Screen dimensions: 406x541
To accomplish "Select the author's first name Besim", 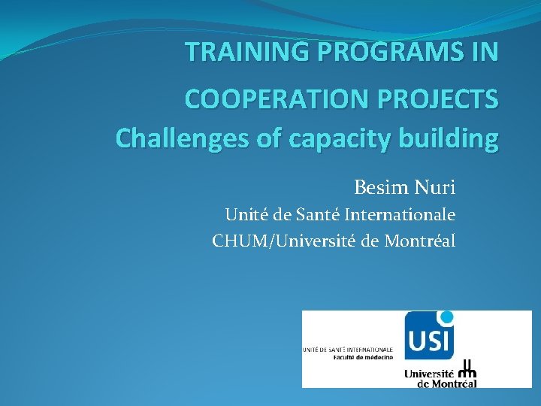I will coord(382,186).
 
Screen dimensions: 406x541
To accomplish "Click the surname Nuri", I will coord(437,186).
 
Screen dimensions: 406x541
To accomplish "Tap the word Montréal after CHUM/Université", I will coord(421,241).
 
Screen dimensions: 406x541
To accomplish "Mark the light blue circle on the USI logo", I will coord(447,317).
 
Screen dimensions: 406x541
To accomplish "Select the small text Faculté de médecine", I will coord(364,357).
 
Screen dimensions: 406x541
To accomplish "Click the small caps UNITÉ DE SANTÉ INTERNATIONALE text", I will coord(348,350).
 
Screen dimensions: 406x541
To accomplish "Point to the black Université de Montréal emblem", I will coord(467,368).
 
